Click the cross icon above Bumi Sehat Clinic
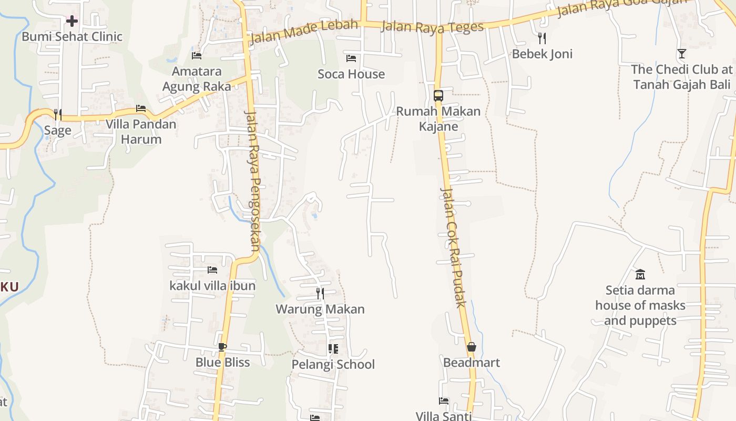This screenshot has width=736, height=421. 72,21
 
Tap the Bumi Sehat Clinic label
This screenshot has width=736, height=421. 72,37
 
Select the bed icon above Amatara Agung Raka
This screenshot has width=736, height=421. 197,55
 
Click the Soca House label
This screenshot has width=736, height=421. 351,74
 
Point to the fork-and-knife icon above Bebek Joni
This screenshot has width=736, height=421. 542,38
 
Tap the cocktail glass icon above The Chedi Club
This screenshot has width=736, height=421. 682,54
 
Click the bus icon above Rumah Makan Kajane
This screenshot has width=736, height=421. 438,96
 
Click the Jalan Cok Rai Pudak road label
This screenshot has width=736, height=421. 454,247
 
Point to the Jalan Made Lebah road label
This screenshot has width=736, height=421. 304,32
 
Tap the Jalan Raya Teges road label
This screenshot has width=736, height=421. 432,27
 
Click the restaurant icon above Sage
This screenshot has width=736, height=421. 58,114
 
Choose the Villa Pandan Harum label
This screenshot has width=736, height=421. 141,132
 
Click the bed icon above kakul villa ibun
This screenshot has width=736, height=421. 212,270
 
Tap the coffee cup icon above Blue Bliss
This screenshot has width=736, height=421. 222,347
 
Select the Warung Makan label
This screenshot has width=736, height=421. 320,309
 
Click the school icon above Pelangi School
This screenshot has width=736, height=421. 333,349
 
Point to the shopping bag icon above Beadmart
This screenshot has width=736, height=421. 471,347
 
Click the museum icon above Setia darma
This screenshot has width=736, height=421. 640,274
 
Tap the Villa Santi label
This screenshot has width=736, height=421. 443,416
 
